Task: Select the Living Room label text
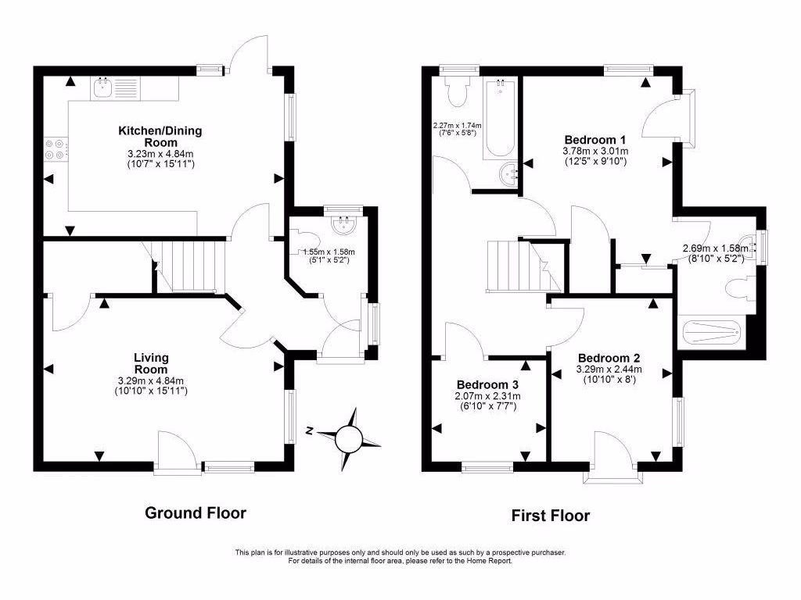[151, 363]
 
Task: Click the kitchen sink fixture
[102, 87]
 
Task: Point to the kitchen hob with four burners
[56, 148]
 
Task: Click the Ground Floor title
[196, 513]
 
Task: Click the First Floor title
[551, 516]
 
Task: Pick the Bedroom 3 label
[487, 385]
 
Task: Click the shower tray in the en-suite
[711, 334]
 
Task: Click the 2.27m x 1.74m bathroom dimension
[458, 125]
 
